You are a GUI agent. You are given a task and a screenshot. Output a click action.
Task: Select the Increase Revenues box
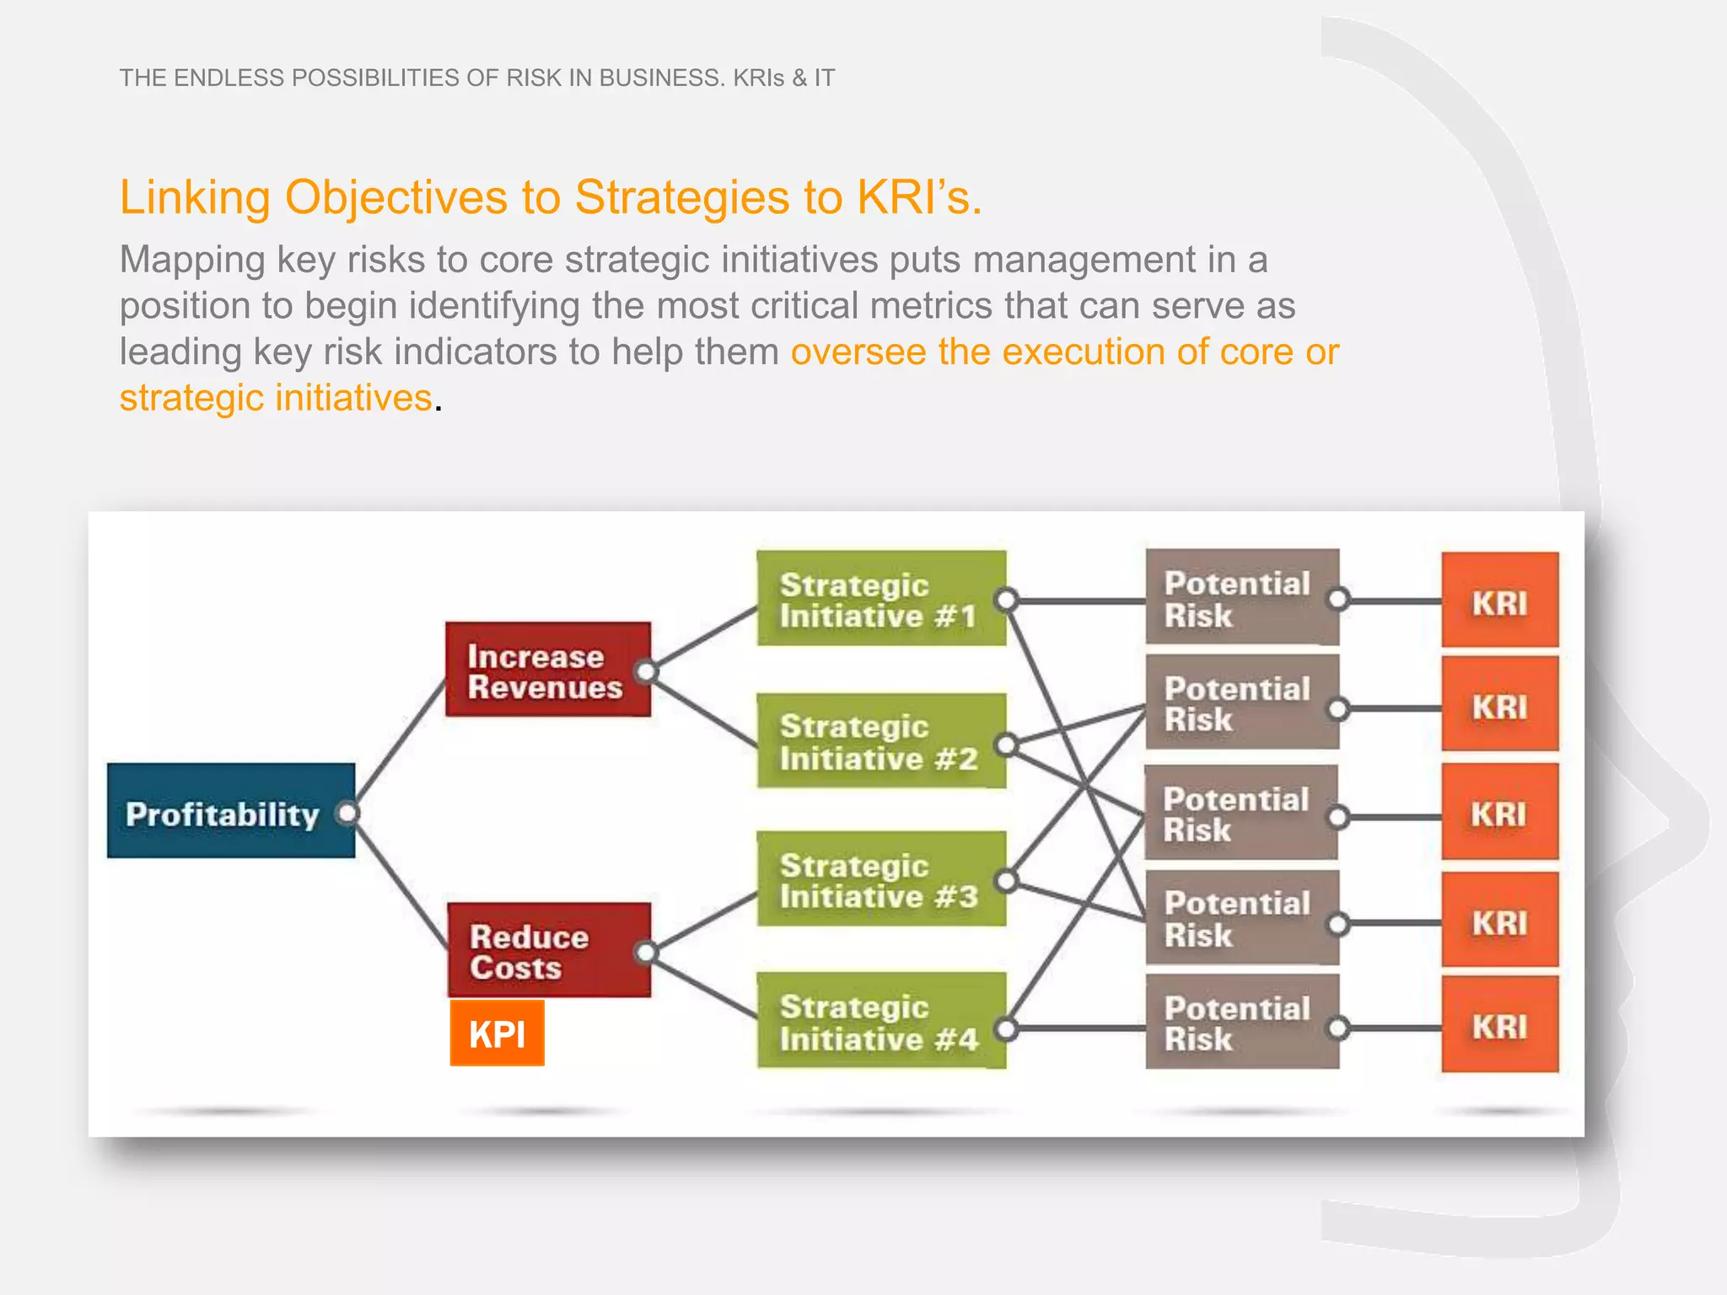coord(547,670)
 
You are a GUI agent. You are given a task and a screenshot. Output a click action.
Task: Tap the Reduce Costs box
coord(548,950)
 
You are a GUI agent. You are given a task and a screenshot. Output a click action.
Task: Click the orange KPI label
coord(497,1033)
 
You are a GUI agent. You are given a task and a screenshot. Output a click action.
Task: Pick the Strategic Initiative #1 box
coord(880,599)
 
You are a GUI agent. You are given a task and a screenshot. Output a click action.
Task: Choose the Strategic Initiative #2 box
coord(880,741)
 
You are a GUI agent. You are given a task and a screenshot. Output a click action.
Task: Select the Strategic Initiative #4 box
coord(880,1021)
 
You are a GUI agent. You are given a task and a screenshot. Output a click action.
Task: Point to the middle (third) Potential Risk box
coord(1240,813)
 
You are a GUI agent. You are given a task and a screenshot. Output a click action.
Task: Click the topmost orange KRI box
coord(1499,600)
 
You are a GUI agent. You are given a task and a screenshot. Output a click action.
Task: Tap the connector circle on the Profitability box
coord(347,813)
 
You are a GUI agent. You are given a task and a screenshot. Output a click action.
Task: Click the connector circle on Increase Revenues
coord(646,671)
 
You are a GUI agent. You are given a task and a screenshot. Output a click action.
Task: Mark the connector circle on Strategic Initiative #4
coord(1006,1029)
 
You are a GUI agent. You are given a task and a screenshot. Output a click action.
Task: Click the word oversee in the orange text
coord(858,352)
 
